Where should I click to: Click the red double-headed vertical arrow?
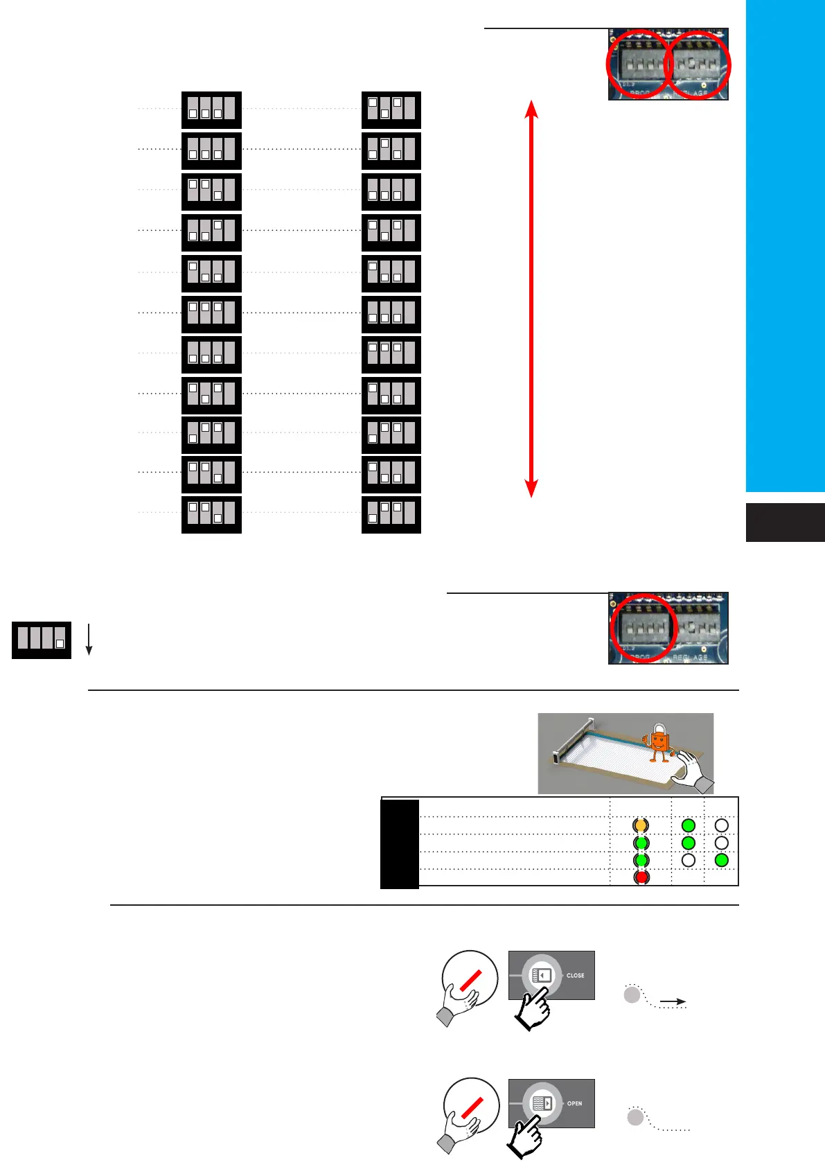(531, 298)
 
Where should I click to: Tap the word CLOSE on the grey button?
(575, 975)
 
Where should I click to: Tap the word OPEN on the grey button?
(574, 1103)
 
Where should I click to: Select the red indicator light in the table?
(641, 877)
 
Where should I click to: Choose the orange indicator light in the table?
(641, 825)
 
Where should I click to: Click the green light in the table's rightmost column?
(721, 860)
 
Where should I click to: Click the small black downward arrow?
(89, 639)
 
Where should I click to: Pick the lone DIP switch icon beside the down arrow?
(42, 640)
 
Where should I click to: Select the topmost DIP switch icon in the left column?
(211, 109)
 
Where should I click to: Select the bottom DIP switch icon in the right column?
(391, 514)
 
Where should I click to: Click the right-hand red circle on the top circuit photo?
(698, 65)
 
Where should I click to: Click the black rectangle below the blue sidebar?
(785, 523)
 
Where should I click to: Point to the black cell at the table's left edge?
(400, 843)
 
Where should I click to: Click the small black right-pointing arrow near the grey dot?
(673, 1001)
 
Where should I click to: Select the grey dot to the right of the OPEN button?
(635, 1117)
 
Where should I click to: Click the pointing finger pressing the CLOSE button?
(531, 1008)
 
